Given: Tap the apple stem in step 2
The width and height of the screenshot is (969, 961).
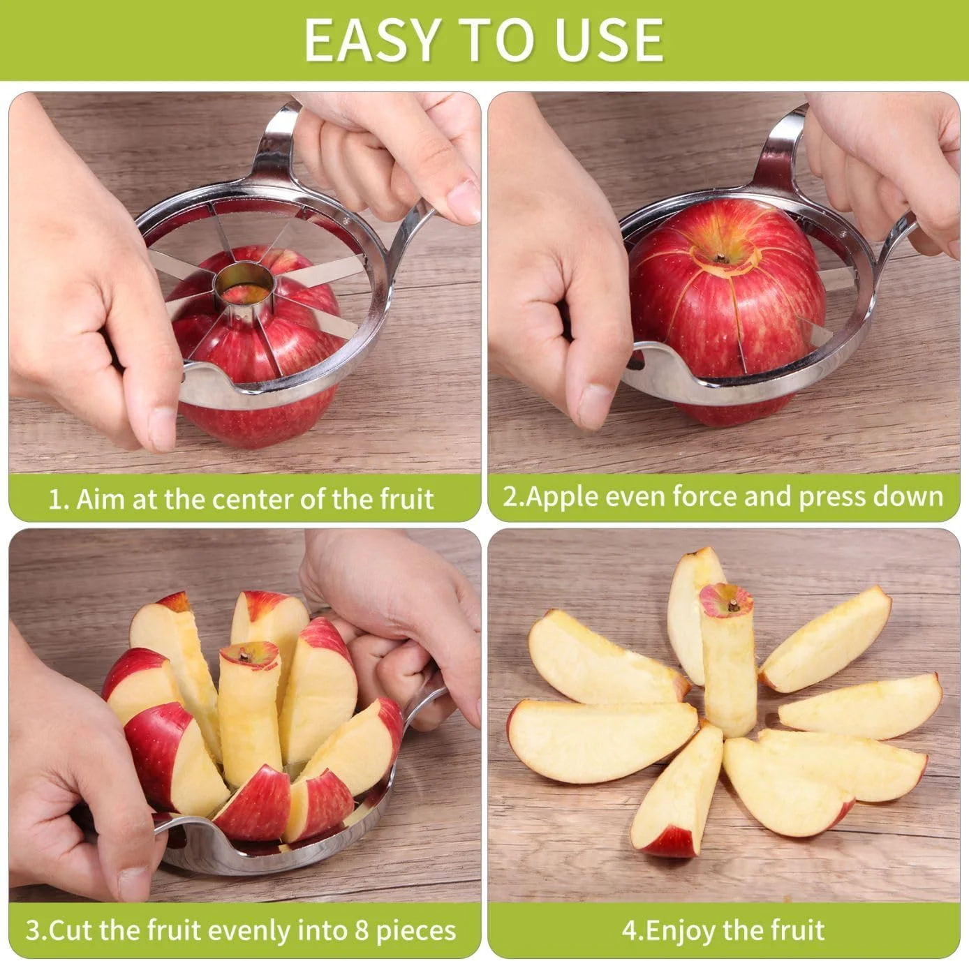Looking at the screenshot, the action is point(722,258).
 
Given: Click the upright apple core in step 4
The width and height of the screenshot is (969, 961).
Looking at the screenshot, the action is point(727,660).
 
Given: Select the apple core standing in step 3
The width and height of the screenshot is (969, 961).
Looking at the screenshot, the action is point(249,713).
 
